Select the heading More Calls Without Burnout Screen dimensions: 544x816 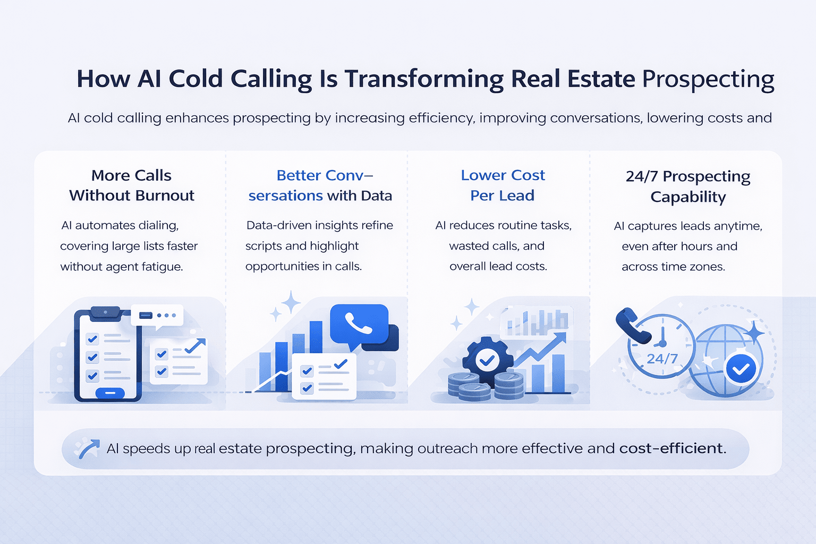click(x=132, y=185)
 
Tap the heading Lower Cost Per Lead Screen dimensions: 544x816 click(x=503, y=185)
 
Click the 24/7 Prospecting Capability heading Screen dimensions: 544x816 click(x=688, y=186)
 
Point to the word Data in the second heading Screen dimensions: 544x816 click(x=376, y=195)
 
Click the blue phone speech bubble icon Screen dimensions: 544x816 click(x=359, y=324)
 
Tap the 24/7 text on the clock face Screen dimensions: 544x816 click(x=662, y=359)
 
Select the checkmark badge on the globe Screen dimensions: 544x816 click(x=741, y=369)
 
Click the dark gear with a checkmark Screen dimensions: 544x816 click(x=486, y=361)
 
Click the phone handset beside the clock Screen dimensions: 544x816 click(x=632, y=325)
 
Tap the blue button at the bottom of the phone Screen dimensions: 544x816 click(x=110, y=393)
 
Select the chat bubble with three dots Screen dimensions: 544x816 click(x=158, y=316)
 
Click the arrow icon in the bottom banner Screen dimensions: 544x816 click(x=87, y=448)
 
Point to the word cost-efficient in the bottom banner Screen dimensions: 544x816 click(x=672, y=448)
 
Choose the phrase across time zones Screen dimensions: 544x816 click(x=673, y=267)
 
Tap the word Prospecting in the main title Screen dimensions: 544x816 click(x=708, y=79)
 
